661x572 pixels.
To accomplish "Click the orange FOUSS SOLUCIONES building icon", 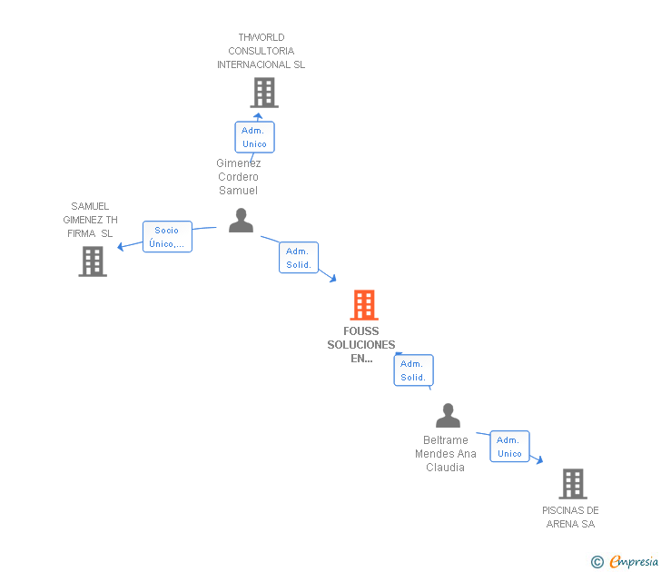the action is click(364, 305).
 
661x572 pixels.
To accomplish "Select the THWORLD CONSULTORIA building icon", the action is click(263, 93).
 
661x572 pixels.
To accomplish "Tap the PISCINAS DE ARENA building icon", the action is click(572, 484).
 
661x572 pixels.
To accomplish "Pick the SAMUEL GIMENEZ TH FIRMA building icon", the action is click(93, 261).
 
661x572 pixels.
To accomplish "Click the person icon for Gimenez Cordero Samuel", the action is click(241, 221).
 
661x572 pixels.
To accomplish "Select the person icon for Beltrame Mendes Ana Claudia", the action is click(448, 416).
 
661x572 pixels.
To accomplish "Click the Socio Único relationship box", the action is click(167, 237).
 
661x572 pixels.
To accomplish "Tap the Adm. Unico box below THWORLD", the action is click(253, 137).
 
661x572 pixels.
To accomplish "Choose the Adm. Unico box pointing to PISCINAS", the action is click(509, 447).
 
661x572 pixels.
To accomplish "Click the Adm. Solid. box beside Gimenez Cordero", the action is click(299, 258).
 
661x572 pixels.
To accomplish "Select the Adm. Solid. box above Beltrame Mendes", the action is click(413, 370).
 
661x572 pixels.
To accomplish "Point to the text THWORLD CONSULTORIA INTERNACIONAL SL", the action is click(261, 51).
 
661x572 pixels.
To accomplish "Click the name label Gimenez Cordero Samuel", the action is click(239, 177).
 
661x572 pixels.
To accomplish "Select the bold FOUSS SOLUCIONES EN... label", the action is click(361, 345).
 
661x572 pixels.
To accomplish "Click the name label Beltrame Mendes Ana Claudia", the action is click(446, 454).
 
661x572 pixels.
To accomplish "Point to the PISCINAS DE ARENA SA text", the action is click(570, 517).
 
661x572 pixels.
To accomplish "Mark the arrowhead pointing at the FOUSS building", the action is click(332, 278).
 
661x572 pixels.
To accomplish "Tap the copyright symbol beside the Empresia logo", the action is click(597, 562).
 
